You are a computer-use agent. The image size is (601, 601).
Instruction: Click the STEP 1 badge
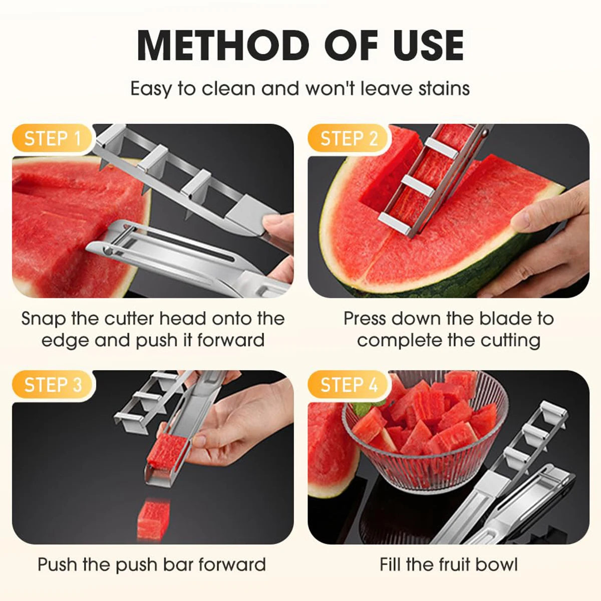pyautogui.click(x=53, y=138)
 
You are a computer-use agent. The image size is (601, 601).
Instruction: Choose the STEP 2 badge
pyautogui.click(x=349, y=138)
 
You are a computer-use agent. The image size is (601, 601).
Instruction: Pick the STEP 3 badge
pyautogui.click(x=53, y=385)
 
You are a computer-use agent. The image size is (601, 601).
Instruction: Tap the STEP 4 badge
pyautogui.click(x=349, y=385)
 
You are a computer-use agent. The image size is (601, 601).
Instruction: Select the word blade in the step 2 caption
pyautogui.click(x=503, y=319)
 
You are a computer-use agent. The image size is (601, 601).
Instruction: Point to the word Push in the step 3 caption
pyautogui.click(x=57, y=564)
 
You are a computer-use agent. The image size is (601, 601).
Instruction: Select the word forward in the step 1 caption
pyautogui.click(x=231, y=340)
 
